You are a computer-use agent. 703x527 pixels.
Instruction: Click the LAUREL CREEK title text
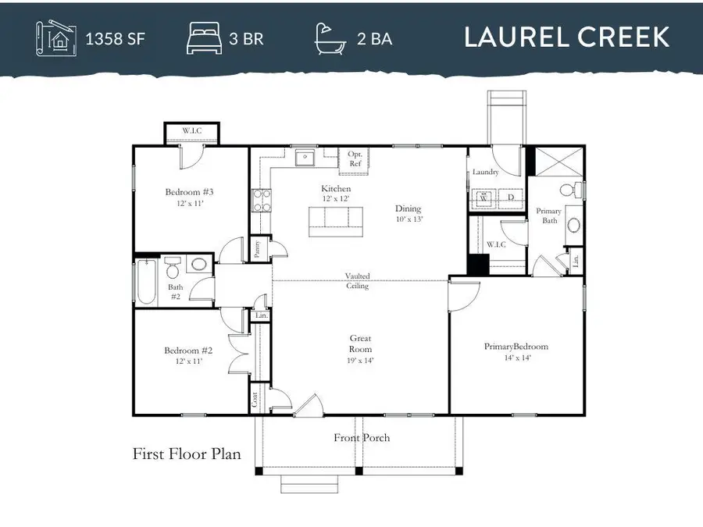tap(566, 37)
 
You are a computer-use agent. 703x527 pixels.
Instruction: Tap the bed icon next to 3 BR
tap(204, 37)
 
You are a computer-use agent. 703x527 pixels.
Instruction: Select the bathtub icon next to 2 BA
tap(331, 37)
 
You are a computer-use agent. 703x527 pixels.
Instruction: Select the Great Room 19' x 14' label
tap(360, 349)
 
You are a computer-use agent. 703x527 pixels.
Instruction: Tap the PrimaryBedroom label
tap(516, 351)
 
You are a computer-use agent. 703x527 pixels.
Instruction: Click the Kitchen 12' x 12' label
tap(336, 194)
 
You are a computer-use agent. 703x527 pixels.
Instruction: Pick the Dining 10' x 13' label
tap(408, 213)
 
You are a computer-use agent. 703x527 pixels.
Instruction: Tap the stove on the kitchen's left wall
tap(260, 201)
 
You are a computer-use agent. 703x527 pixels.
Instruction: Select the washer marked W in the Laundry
tap(484, 198)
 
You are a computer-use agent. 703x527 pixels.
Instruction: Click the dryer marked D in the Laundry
tap(511, 198)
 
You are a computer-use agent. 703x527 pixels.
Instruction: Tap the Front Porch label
tap(362, 438)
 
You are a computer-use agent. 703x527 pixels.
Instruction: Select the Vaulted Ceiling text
tap(359, 281)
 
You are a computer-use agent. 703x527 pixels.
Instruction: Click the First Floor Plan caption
tap(187, 454)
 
